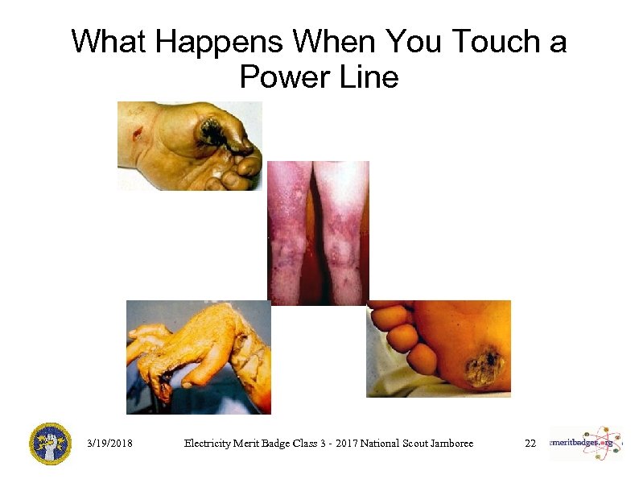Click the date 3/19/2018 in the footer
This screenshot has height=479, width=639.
(110, 444)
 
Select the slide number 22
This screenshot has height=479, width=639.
(530, 444)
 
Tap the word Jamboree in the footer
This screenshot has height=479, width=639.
(448, 444)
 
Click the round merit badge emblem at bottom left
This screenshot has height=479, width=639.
(51, 444)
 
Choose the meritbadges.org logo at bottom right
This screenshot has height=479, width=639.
(586, 444)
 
